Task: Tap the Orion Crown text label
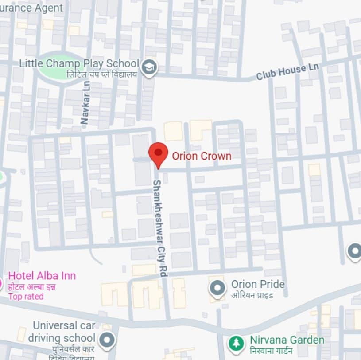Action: [202, 156]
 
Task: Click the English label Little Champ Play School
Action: [79, 63]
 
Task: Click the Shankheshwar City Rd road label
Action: [159, 228]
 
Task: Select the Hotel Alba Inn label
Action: [42, 276]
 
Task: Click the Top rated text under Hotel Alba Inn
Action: [26, 297]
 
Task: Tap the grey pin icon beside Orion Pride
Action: [217, 288]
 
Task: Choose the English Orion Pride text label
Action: [258, 284]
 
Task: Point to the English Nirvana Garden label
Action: [287, 340]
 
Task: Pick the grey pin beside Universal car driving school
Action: [106, 340]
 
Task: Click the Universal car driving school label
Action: [62, 332]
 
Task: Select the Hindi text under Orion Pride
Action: [252, 295]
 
